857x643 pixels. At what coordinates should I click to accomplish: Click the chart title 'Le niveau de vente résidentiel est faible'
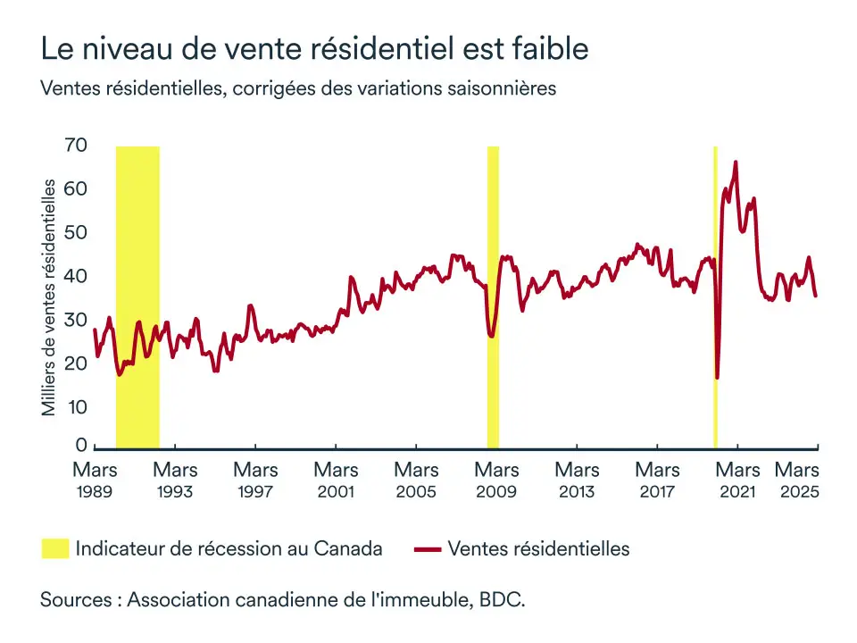tap(314, 48)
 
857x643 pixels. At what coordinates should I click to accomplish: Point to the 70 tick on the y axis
tap(75, 146)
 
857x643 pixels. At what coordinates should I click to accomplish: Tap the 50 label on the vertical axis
tap(75, 233)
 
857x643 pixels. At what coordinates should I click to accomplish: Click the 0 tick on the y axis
tap(80, 446)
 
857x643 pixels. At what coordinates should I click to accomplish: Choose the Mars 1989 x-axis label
tap(95, 479)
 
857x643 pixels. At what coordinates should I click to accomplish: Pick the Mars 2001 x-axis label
tap(336, 479)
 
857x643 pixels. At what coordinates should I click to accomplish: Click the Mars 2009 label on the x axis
tap(496, 479)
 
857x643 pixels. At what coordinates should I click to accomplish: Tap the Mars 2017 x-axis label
tap(657, 479)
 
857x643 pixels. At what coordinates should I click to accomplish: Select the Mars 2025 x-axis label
tap(797, 479)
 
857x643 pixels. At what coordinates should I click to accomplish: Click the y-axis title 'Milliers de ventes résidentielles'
tap(50, 297)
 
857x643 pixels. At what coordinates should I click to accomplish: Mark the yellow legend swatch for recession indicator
tap(54, 548)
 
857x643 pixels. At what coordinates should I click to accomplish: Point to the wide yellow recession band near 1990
tap(137, 295)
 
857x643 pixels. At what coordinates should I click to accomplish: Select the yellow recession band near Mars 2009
tap(493, 295)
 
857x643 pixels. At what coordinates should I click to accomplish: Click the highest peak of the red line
tap(736, 163)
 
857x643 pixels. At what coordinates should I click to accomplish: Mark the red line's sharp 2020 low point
tap(717, 378)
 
